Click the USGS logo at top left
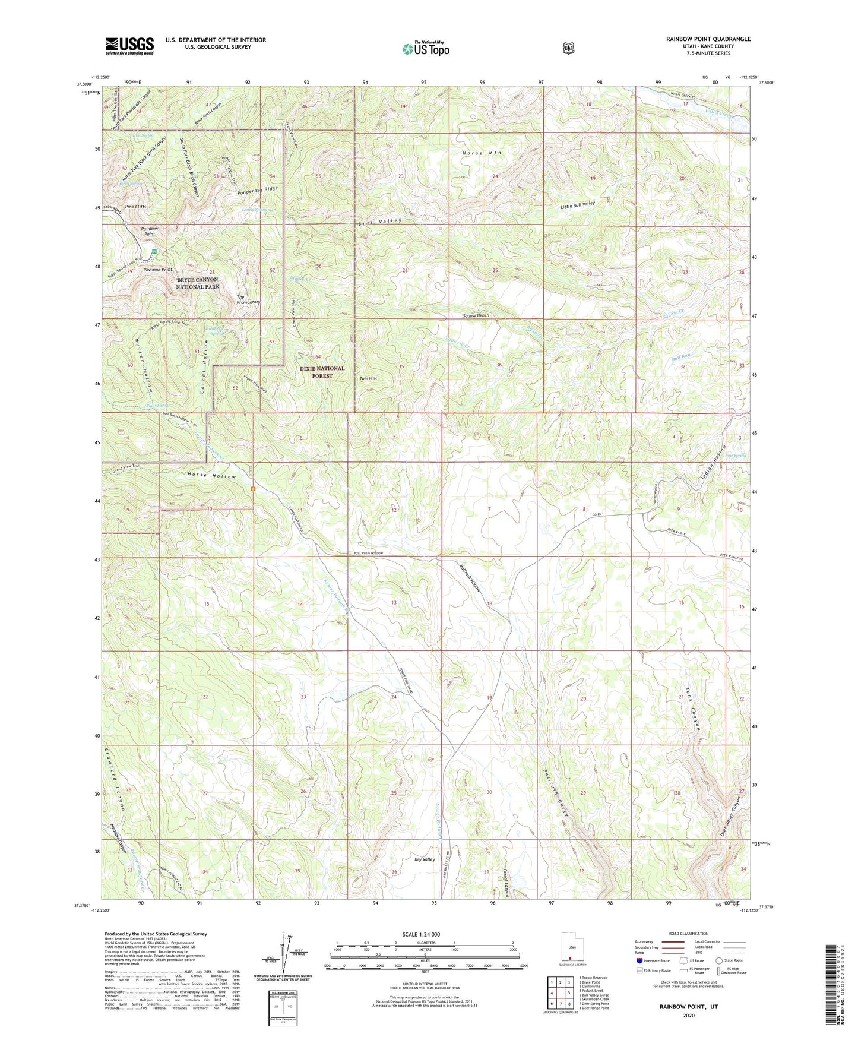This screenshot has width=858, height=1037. click(x=129, y=46)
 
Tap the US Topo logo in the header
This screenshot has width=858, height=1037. click(x=425, y=49)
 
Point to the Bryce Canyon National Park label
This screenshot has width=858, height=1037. click(x=197, y=283)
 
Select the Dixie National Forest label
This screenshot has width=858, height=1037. click(x=322, y=372)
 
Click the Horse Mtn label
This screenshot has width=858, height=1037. click(x=482, y=153)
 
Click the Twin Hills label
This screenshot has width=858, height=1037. click(x=368, y=378)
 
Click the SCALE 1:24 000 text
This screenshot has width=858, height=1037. click(x=421, y=934)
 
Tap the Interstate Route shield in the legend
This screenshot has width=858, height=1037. click(x=639, y=960)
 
